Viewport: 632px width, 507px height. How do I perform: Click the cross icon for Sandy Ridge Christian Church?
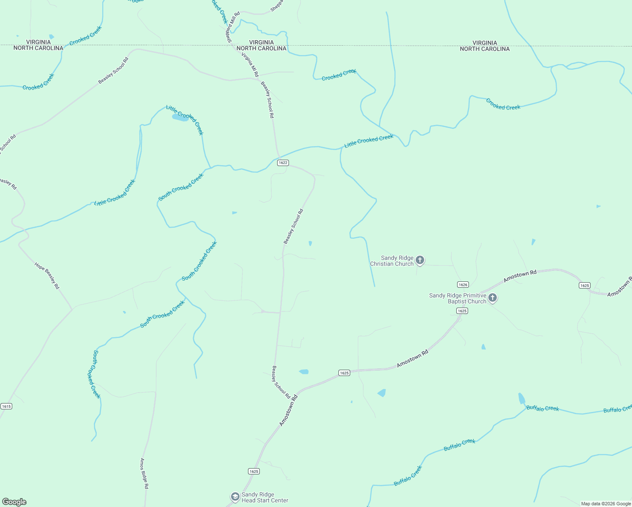tap(420, 260)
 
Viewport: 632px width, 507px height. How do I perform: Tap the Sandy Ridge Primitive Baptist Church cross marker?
tap(493, 298)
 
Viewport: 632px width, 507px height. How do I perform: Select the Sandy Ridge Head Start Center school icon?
tap(235, 497)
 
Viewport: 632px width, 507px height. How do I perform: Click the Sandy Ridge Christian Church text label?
tap(392, 261)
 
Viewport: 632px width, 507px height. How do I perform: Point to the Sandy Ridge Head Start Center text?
tap(265, 497)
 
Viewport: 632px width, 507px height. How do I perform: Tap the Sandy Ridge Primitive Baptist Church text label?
tap(458, 298)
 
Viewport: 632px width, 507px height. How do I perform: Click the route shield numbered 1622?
tap(283, 163)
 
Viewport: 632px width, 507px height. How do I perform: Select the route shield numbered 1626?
tap(463, 284)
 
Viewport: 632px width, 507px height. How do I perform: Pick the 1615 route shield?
tap(6, 406)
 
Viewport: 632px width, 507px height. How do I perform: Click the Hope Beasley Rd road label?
tap(47, 276)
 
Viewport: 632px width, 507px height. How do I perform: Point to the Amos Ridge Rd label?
tap(144, 473)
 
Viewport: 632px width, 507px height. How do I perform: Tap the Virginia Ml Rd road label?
tap(250, 65)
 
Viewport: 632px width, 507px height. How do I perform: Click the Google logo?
tap(14, 502)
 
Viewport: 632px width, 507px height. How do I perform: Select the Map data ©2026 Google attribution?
tap(606, 504)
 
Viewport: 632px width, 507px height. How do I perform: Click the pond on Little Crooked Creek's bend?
tap(180, 118)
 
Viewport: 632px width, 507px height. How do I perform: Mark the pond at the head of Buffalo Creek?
tap(522, 399)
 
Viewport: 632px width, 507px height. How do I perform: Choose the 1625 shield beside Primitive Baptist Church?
tap(462, 311)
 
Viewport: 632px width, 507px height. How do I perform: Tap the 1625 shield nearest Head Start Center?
tap(253, 471)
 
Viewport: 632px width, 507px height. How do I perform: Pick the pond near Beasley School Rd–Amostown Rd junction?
tap(304, 372)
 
